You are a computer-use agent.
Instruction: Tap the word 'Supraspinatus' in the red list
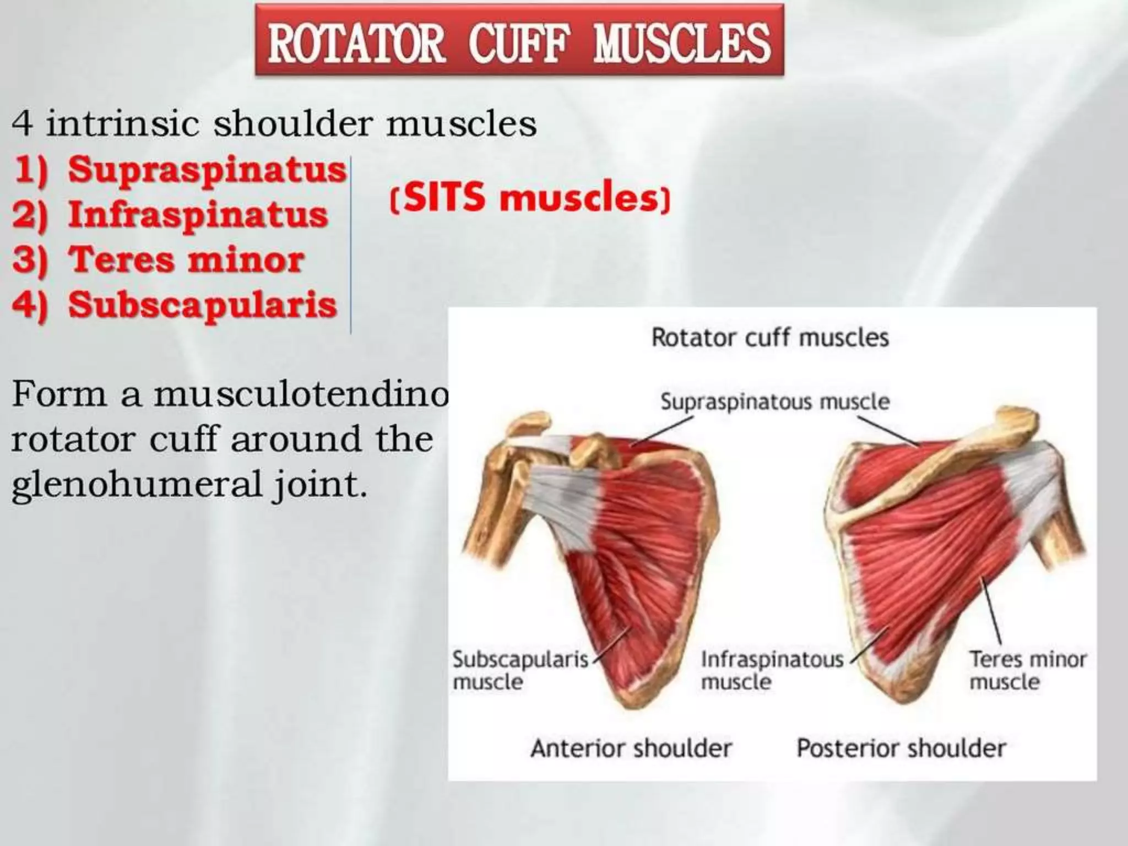point(207,170)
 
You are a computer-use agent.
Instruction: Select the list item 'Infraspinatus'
point(198,215)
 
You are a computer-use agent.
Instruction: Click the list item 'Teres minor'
point(186,259)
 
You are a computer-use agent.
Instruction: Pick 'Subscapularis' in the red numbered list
point(202,305)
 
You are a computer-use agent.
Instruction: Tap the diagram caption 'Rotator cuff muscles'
point(770,337)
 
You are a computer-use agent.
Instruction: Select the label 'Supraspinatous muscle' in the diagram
point(775,402)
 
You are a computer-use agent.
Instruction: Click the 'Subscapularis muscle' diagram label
point(519,670)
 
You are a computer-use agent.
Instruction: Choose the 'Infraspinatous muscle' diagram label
point(771,670)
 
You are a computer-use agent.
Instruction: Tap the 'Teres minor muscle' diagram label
point(1027,670)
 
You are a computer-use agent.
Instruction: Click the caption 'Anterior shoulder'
point(631,749)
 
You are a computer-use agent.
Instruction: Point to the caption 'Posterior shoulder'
point(901,749)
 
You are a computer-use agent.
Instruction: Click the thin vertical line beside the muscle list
point(351,245)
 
